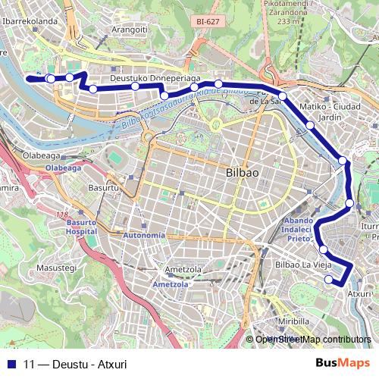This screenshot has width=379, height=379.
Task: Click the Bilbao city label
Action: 243,173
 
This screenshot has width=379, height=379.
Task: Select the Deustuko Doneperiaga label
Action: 155,78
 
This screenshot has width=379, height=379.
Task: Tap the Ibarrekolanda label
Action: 30,21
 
